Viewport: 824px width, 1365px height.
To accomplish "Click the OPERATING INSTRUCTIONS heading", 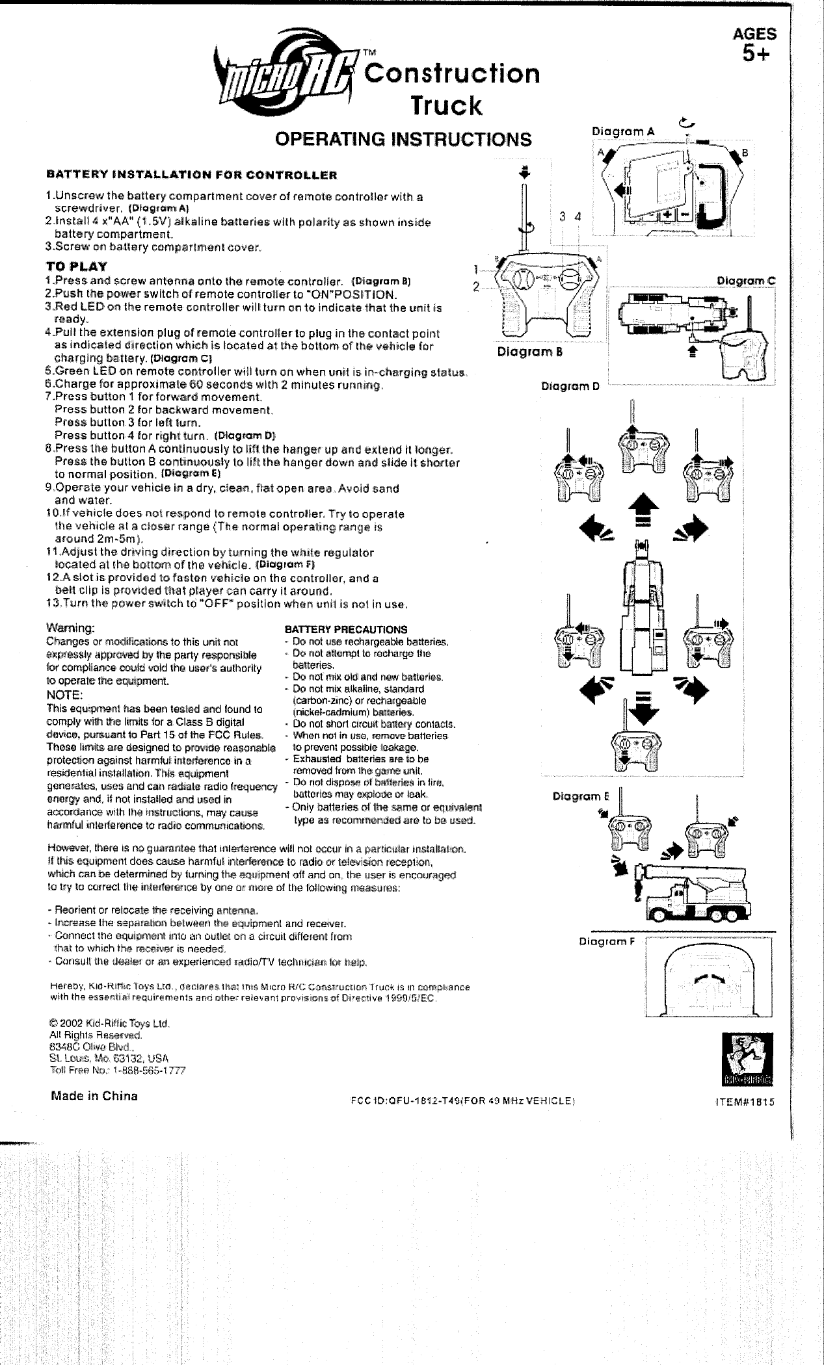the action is (403, 139).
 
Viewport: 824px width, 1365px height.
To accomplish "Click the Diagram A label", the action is (622, 132).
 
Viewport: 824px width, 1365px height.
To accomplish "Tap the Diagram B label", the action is (529, 353).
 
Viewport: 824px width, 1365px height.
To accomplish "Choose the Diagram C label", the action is (746, 281).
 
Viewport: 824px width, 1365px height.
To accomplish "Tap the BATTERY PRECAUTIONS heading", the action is (347, 629).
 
